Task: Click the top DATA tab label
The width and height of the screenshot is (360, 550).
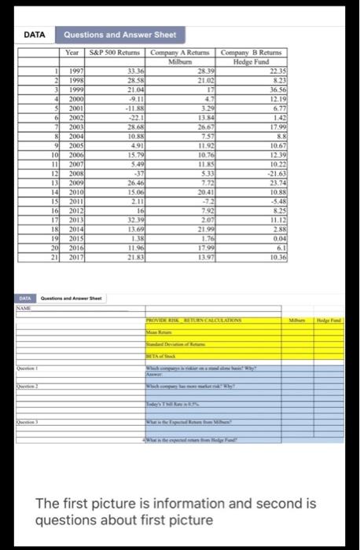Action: click(x=34, y=35)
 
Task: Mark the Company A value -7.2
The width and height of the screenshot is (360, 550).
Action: click(x=207, y=201)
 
